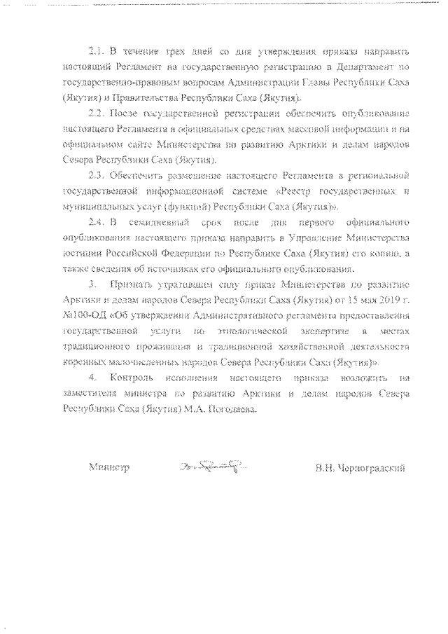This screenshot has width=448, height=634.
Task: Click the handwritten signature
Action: pos(213,466)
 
